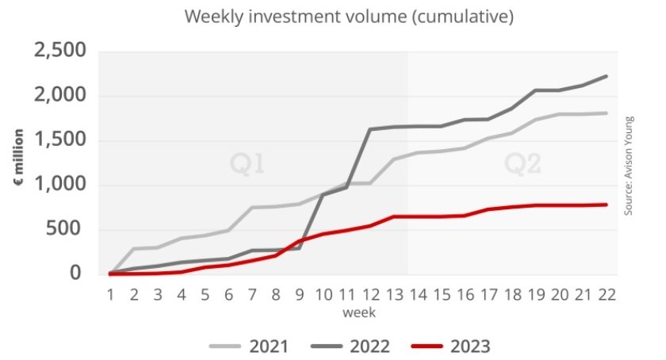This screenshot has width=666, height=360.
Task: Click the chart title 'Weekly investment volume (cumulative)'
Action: [349, 17]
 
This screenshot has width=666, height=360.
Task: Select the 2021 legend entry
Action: [249, 347]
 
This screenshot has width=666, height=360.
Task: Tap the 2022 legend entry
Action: [350, 347]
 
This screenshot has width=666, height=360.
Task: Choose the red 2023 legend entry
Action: [450, 347]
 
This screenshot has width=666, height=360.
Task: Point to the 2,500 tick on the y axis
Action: [60, 51]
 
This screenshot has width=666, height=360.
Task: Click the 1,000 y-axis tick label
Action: [60, 185]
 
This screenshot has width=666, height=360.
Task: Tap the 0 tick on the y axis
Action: [75, 273]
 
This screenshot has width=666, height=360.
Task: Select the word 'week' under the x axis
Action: [359, 313]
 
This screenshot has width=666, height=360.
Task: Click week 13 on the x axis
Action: [395, 294]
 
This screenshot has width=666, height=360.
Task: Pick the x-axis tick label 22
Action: [607, 294]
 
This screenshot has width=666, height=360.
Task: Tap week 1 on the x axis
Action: [110, 294]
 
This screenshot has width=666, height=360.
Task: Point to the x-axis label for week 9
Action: [300, 294]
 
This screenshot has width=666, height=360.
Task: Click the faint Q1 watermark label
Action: [247, 163]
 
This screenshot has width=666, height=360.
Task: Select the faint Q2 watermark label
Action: [522, 163]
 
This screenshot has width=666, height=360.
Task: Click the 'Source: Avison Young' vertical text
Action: [629, 166]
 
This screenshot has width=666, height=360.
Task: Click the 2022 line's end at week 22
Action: [606, 76]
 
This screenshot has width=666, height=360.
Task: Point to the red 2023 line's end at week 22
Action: [606, 205]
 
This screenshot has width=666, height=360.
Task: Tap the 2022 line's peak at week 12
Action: [370, 129]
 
